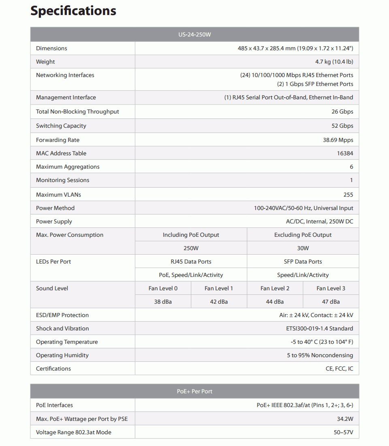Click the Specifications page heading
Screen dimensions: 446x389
[x=73, y=11]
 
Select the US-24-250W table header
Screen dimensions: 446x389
[x=194, y=34]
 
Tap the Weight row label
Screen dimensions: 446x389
[x=45, y=62]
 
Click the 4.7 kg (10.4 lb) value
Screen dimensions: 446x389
[x=334, y=62]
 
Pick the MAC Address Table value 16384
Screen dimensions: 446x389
[x=345, y=153]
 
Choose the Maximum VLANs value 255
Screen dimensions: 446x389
[x=348, y=195]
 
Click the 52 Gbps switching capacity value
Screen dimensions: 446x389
[x=342, y=126]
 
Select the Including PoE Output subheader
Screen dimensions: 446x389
[x=191, y=235]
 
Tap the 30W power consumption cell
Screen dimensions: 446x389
[x=303, y=248]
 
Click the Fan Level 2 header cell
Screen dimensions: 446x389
[x=275, y=288]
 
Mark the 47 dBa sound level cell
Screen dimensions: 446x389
[x=331, y=302]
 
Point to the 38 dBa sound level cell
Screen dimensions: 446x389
[x=163, y=302]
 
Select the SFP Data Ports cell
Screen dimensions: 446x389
[x=303, y=262]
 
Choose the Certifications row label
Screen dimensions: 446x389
[x=53, y=369]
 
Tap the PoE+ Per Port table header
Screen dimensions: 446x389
[x=194, y=391]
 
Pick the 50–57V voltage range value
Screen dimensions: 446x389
[x=343, y=432]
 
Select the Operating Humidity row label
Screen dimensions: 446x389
[x=62, y=355]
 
